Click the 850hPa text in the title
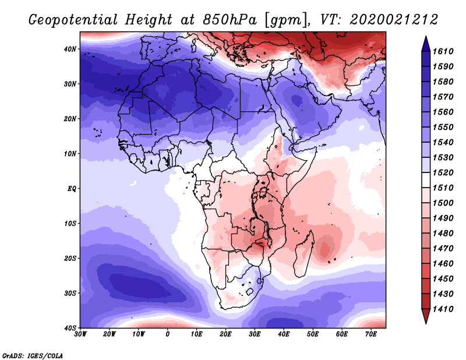[230, 20]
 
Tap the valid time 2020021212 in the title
[394, 20]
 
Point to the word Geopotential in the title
[73, 20]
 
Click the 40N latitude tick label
[70, 49]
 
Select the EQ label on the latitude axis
[72, 189]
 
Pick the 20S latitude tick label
[70, 258]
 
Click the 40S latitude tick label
[70, 328]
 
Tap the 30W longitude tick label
[80, 334]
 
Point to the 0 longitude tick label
[168, 334]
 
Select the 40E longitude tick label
[284, 334]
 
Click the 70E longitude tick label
[371, 334]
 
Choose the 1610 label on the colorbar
[443, 51]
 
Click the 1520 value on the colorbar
[443, 172]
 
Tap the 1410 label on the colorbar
[443, 309]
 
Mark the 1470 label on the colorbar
[443, 249]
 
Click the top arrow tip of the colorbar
[426, 36]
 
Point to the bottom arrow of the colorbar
[426, 316]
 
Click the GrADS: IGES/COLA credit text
[33, 356]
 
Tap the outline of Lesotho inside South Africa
[250, 291]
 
